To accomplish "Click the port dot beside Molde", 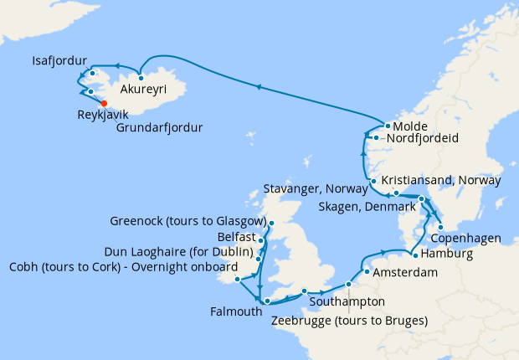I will click(388, 126).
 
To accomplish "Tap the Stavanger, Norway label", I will click(316, 188).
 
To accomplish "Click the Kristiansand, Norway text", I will click(441, 180).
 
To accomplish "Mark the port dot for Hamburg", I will click(415, 255).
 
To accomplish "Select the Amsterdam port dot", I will click(367, 272).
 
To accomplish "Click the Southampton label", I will click(347, 301).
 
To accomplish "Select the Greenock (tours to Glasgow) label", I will click(188, 222).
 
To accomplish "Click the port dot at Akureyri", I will click(141, 78).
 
